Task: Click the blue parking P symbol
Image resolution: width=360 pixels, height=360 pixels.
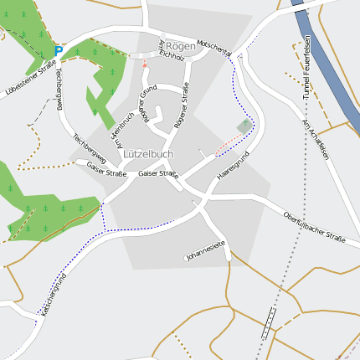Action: click(x=58, y=52)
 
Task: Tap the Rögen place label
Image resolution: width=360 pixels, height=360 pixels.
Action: click(x=180, y=45)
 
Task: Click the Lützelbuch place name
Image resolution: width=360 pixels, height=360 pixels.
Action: click(x=148, y=154)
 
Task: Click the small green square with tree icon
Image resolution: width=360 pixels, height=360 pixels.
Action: click(x=244, y=126)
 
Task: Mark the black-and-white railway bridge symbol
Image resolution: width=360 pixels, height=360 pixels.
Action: click(x=269, y=321)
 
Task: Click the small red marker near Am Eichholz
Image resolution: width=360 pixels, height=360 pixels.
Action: click(x=144, y=62)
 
